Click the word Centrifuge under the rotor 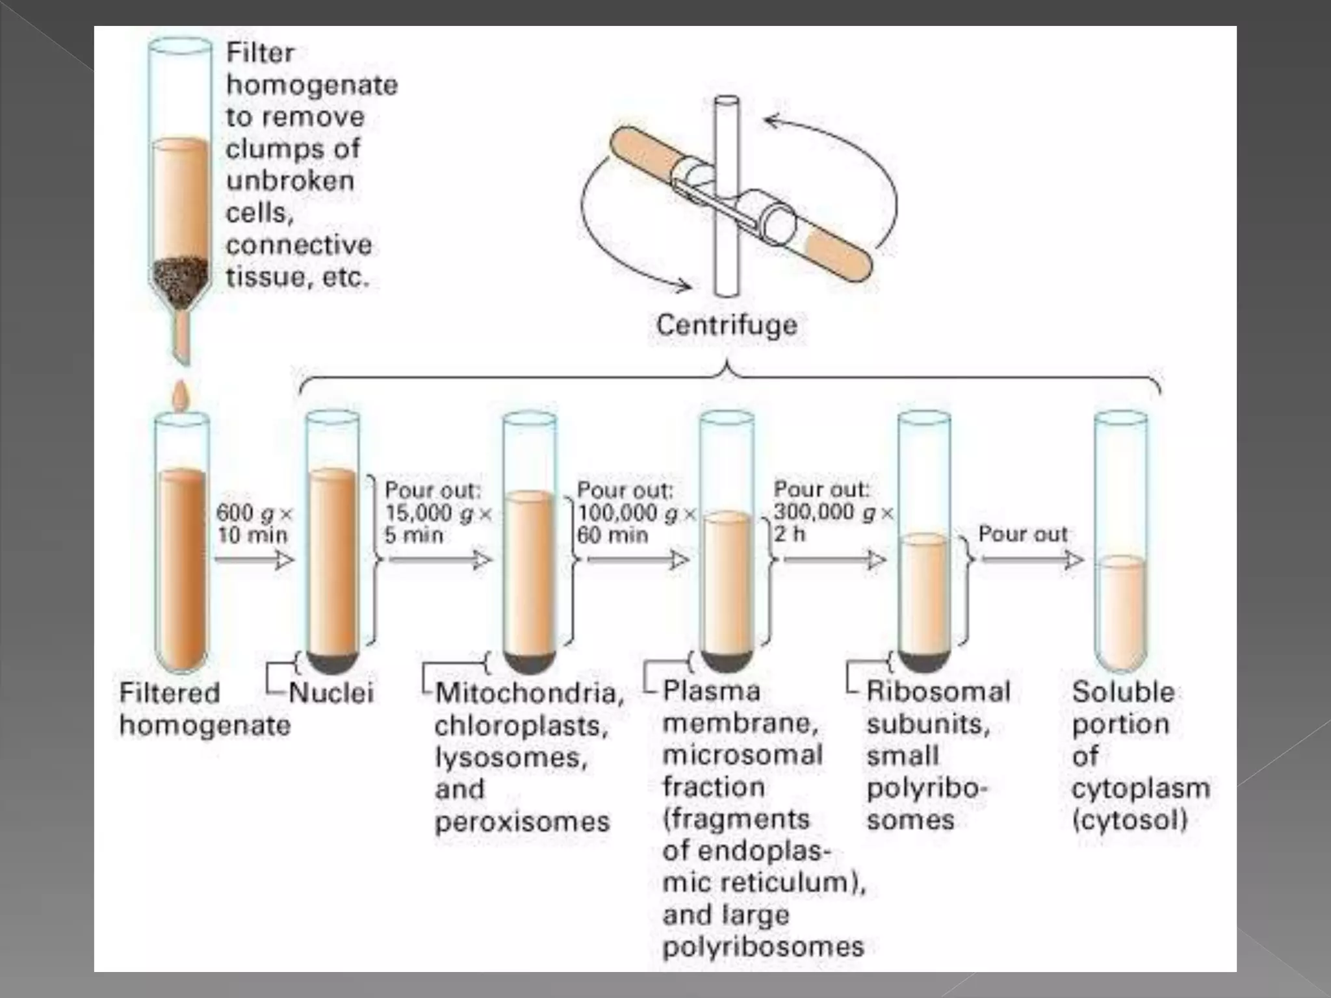(x=726, y=325)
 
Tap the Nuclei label (x=331, y=693)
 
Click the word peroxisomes (x=522, y=822)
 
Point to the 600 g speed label (x=253, y=513)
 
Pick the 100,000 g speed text (x=635, y=513)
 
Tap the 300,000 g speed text (x=833, y=513)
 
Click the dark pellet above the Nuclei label (x=333, y=661)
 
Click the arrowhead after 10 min (x=283, y=560)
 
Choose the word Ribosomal (x=938, y=692)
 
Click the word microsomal (x=742, y=755)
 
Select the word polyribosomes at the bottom (x=763, y=947)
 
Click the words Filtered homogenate (x=204, y=709)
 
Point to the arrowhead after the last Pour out (x=1074, y=560)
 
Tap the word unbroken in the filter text (x=290, y=181)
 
